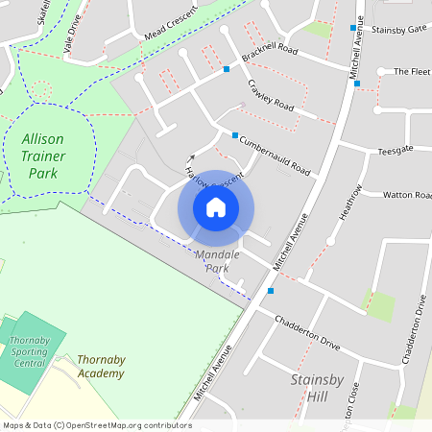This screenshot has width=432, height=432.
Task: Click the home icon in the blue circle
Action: pos(216,206)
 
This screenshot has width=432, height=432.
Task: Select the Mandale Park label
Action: pos(217,261)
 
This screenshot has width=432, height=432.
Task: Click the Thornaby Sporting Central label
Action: pos(30,351)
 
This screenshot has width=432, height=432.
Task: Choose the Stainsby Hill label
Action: pos(315,387)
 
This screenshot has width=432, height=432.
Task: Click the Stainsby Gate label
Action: pos(398,30)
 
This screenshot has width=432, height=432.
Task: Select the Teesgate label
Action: pos(395,151)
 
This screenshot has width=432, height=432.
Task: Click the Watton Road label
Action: pos(407,195)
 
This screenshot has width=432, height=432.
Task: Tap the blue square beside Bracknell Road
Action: pos(227,69)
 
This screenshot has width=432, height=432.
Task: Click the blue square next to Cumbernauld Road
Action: pos(235,135)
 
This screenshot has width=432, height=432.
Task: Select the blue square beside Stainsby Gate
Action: pos(352,28)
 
